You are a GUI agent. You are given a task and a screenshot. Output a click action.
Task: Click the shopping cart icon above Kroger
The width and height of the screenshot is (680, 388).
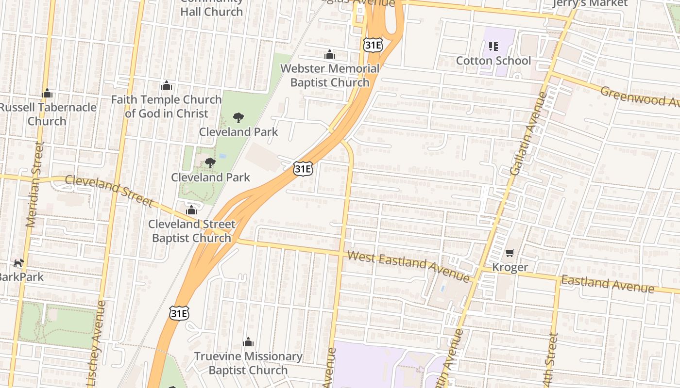pyautogui.click(x=510, y=253)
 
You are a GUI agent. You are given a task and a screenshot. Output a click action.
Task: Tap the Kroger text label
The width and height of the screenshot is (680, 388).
pyautogui.click(x=510, y=267)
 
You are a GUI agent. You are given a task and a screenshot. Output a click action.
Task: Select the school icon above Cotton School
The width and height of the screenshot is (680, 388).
pyautogui.click(x=493, y=47)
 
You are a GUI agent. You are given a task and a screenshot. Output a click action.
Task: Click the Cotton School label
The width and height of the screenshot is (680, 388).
pyautogui.click(x=493, y=61)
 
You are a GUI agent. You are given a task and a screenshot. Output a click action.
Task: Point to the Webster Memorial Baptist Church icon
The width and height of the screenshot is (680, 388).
pyautogui.click(x=330, y=54)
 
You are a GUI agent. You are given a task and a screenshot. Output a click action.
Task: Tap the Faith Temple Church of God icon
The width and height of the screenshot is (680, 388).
pyautogui.click(x=167, y=86)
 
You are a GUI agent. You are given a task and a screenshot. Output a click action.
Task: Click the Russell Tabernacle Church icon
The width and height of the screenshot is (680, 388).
pyautogui.click(x=47, y=93)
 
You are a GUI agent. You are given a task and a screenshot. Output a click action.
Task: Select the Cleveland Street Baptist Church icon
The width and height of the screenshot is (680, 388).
pyautogui.click(x=191, y=210)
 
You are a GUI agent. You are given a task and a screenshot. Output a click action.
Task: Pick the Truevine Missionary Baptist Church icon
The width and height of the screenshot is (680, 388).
pyautogui.click(x=248, y=342)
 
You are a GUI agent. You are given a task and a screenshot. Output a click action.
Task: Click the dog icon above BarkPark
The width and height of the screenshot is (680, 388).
pyautogui.click(x=19, y=263)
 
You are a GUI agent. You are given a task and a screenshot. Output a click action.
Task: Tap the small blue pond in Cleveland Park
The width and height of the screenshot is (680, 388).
pyautogui.click(x=222, y=156)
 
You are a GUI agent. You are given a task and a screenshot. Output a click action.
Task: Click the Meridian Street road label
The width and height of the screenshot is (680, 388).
pyautogui.click(x=34, y=185)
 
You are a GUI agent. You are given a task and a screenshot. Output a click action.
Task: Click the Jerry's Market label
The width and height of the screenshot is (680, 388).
pyautogui.click(x=591, y=3)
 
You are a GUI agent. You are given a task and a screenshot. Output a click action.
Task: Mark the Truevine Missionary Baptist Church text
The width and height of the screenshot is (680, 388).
pyautogui.click(x=248, y=363)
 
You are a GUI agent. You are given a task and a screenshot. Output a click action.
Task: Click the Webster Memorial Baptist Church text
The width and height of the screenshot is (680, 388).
pyautogui.click(x=330, y=76)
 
